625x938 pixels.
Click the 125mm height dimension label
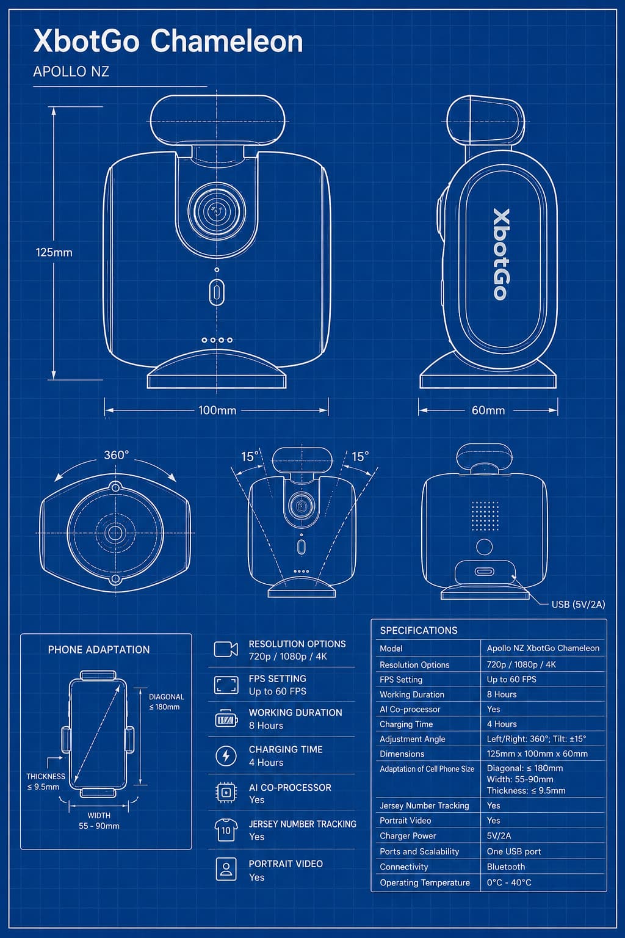[x=54, y=252]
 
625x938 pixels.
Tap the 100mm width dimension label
[x=217, y=410]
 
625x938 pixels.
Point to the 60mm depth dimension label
[x=488, y=410]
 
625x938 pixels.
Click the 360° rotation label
[x=117, y=455]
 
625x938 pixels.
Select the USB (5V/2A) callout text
[x=578, y=605]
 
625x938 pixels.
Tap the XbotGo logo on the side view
[x=502, y=254]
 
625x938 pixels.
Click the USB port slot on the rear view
[x=485, y=572]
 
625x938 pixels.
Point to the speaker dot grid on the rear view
[x=485, y=516]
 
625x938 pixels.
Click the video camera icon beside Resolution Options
[x=226, y=649]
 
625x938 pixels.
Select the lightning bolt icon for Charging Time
[x=226, y=756]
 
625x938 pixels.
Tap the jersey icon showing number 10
[x=226, y=830]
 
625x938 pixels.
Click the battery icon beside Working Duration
[x=226, y=719]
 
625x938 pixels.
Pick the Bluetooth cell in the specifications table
[x=506, y=867]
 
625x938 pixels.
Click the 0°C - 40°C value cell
[x=508, y=882]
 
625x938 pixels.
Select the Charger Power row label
[x=408, y=836]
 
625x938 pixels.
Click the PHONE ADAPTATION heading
[x=99, y=650]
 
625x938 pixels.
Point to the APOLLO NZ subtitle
[x=71, y=71]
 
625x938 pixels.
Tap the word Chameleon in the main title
[x=226, y=42]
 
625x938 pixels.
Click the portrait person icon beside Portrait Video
[x=226, y=869]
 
